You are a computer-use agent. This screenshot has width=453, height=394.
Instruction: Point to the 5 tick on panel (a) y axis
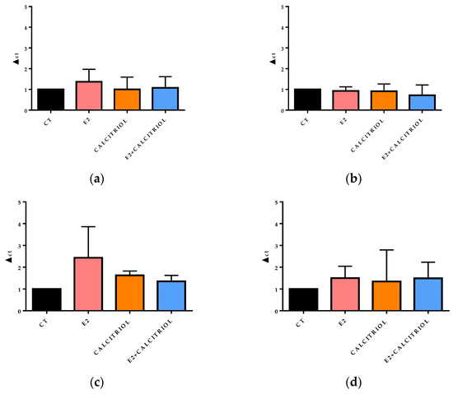coord(30,7)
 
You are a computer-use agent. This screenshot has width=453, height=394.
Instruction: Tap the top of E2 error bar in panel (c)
coord(89,226)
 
